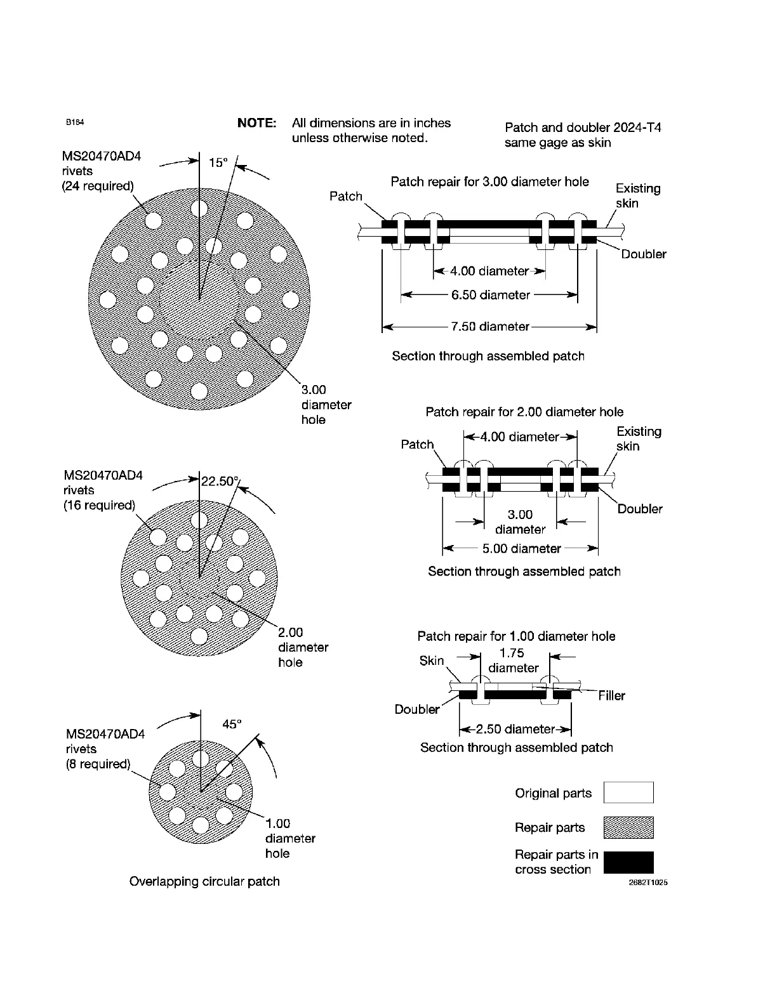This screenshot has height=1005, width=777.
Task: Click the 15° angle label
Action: coord(218,162)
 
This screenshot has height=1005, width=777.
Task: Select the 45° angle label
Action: coord(232,724)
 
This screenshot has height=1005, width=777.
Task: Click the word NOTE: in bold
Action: coord(256,123)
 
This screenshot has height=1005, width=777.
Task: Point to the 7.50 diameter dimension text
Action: coord(489,327)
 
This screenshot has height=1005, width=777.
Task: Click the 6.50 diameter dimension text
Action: coord(490,295)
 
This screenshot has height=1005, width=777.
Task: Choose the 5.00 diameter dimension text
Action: coord(521,549)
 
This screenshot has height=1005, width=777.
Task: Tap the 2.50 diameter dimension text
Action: coord(515,729)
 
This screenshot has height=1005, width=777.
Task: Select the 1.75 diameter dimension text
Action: coord(513,660)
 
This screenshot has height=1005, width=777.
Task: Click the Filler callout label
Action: coord(611,696)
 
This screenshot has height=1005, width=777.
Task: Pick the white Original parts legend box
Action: coord(628,792)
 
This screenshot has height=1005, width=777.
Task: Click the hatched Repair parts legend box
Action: coord(628,827)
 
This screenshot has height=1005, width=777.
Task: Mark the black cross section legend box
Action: coord(628,862)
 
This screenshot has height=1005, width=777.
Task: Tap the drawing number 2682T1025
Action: coord(647,883)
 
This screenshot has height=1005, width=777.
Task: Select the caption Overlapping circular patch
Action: coord(204,881)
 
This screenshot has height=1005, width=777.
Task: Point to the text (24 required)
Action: coord(98,186)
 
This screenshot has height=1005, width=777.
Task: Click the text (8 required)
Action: coord(98,764)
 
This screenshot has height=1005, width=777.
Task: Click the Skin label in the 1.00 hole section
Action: coord(432,660)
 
